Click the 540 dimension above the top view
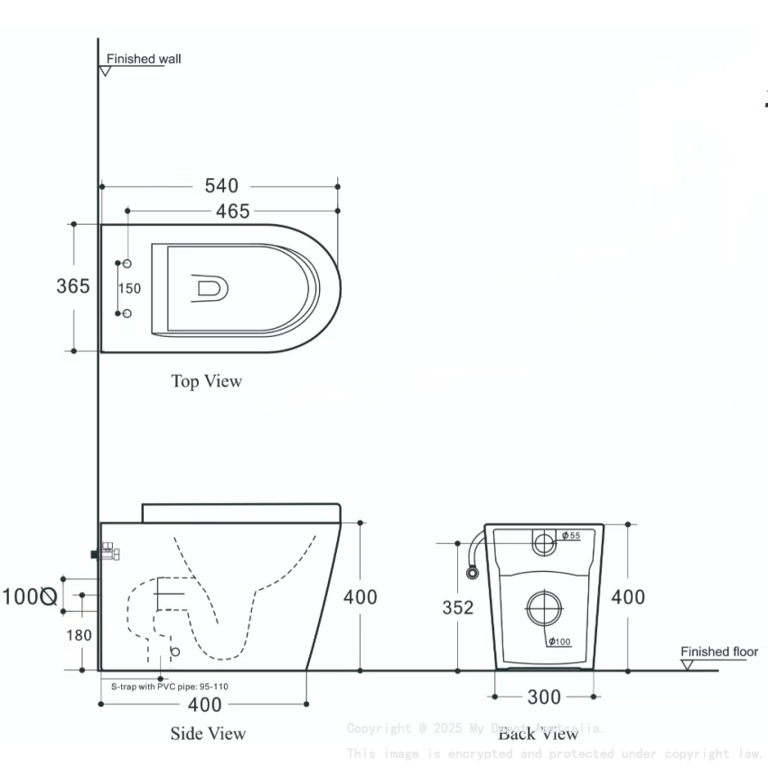221,185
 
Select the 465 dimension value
232,211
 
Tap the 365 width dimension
73,286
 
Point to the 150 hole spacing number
130,288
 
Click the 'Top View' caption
207,381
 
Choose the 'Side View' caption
208,733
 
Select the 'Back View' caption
539,733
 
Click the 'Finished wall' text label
144,60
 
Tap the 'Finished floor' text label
719,651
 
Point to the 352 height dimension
458,608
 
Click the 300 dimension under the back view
543,697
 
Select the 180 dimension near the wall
79,635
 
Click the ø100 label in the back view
559,642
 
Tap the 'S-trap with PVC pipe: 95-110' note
170,687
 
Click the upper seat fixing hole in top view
127,263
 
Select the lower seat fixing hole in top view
127,314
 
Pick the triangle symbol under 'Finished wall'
106,70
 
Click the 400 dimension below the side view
205,704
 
